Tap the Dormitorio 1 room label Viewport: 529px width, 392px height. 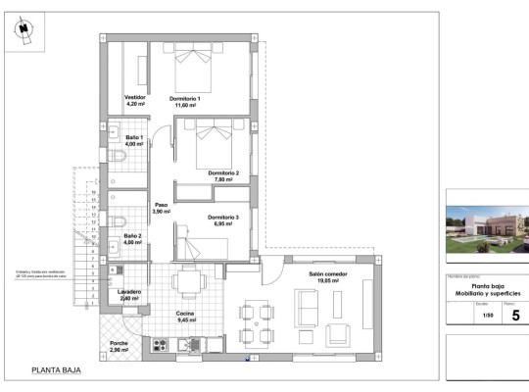(x=184, y=103)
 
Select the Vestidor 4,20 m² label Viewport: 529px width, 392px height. (x=135, y=102)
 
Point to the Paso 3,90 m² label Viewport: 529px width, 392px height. (x=161, y=209)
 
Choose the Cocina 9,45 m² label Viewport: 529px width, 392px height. (x=185, y=316)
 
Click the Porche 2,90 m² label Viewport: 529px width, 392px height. (x=119, y=347)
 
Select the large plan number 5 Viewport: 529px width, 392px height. (x=515, y=316)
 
